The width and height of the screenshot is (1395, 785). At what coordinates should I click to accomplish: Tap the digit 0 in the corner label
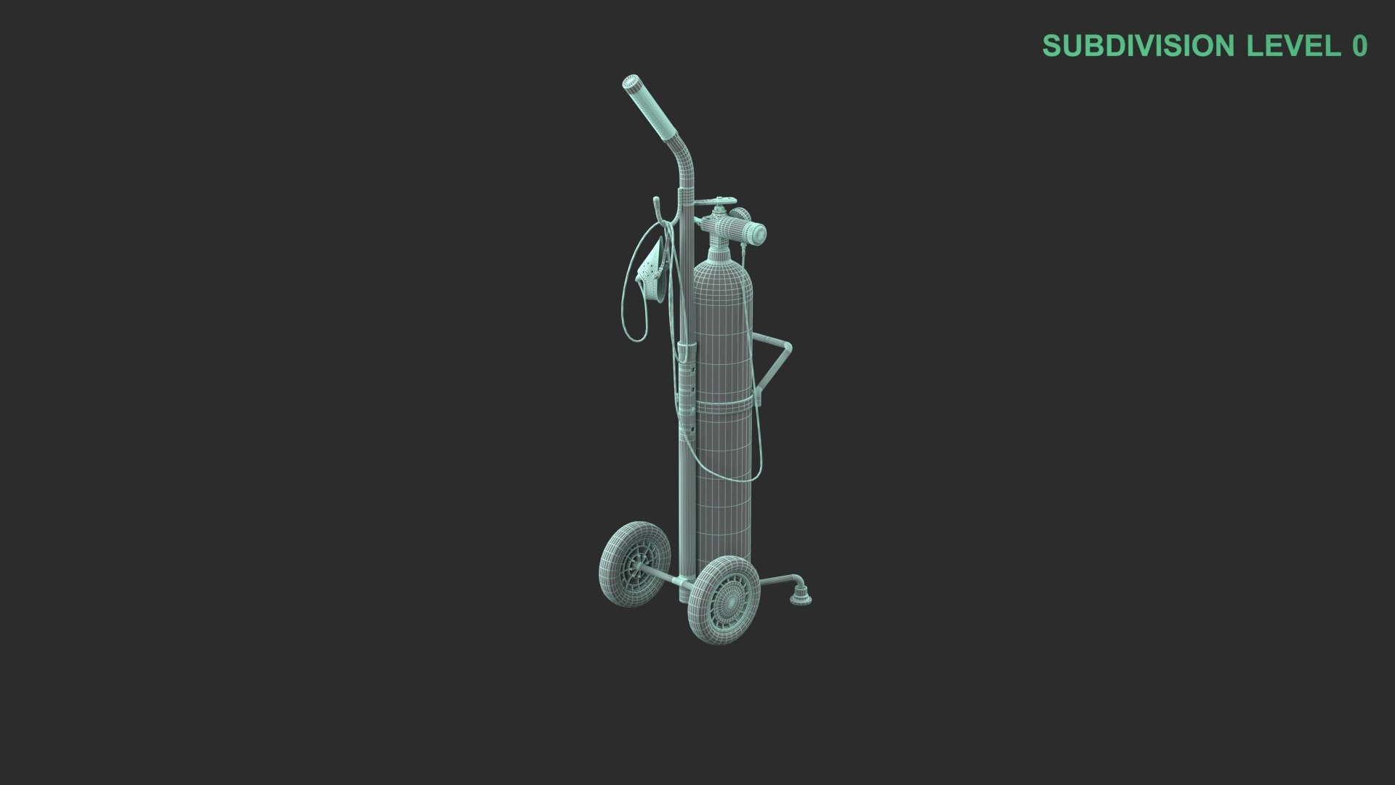tap(1359, 46)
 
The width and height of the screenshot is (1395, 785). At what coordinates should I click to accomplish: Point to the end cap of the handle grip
tap(630, 81)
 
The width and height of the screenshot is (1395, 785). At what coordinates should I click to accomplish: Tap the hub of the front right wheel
tap(724, 600)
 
